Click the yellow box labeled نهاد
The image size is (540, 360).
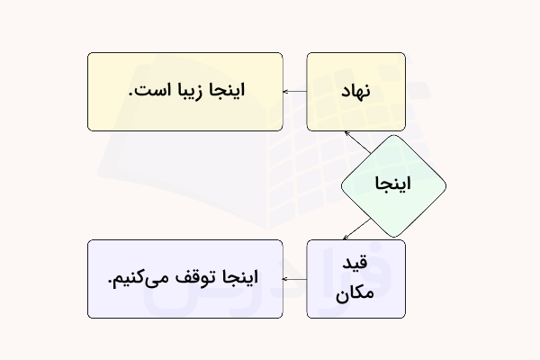tap(356, 92)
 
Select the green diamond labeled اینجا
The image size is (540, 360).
tap(393, 185)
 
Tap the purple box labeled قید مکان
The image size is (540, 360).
tap(356, 278)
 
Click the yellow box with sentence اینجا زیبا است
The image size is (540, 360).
tap(185, 92)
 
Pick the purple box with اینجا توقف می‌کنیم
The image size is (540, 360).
tap(185, 278)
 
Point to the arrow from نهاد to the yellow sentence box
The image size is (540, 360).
tap(295, 92)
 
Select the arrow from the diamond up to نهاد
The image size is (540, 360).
tap(358, 143)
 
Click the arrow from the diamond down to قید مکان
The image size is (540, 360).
tap(358, 229)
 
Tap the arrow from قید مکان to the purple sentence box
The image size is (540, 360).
tap(295, 279)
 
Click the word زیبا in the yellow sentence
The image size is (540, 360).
tap(186, 92)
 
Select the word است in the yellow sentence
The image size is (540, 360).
tap(151, 92)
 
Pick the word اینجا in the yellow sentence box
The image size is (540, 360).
tap(225, 92)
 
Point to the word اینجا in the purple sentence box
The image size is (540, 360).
tap(238, 278)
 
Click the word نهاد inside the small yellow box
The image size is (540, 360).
tap(356, 92)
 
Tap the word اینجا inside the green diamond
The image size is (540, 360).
tap(393, 185)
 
